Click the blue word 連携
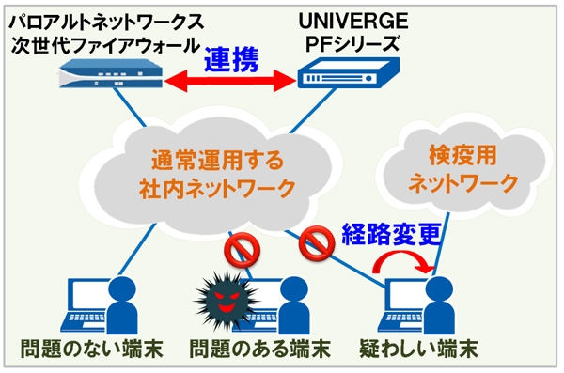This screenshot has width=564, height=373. (x=239, y=57)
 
